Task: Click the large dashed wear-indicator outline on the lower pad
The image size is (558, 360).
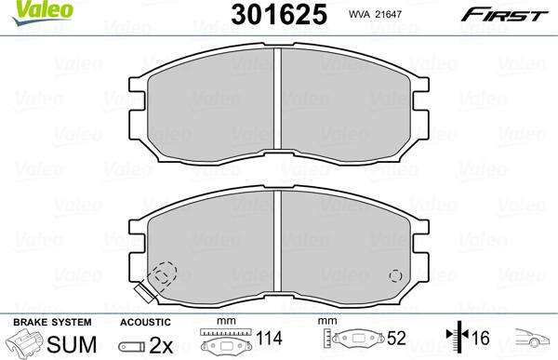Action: point(164,275)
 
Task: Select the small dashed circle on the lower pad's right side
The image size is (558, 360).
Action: point(395,276)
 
